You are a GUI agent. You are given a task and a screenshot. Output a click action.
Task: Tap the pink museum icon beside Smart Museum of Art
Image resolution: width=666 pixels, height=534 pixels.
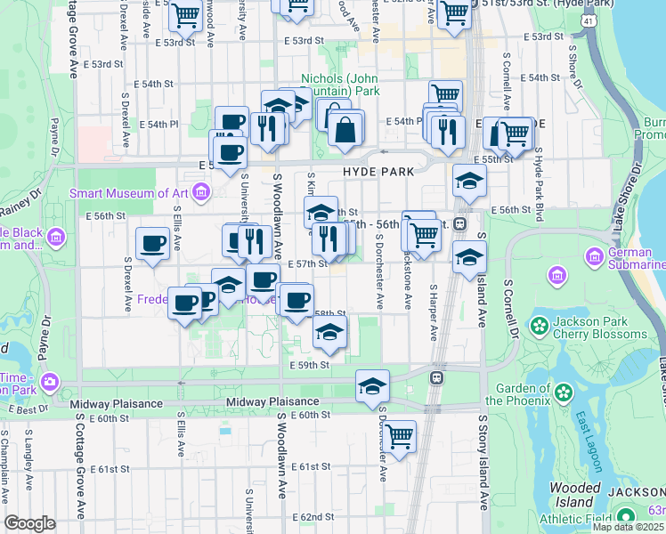[x=202, y=190]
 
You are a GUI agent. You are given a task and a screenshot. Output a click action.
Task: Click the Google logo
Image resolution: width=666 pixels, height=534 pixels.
[x=29, y=523]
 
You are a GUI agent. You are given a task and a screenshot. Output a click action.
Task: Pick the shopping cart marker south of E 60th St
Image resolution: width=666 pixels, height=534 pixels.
[x=399, y=436]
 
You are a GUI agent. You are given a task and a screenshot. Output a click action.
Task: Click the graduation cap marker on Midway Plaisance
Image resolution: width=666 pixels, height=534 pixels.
[x=372, y=386]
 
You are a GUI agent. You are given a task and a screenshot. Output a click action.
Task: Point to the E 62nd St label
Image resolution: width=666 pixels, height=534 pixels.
[x=311, y=517]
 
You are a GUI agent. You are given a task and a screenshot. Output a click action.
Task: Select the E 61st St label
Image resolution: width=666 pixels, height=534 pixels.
[x=310, y=466]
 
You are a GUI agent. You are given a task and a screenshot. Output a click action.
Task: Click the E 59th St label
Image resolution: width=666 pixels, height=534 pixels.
[x=309, y=365]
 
